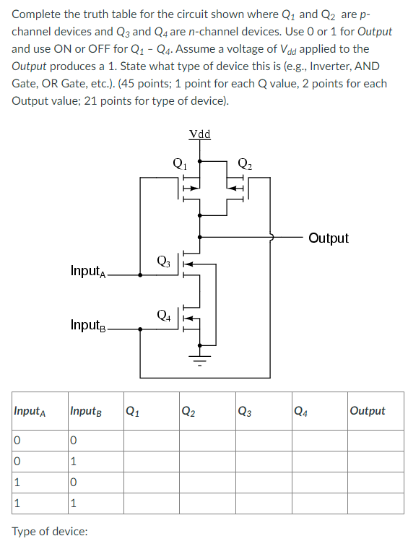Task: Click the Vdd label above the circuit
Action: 199,134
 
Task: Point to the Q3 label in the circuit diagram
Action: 164,261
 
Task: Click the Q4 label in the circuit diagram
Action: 164,315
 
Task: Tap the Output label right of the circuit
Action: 328,238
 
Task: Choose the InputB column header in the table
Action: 86,411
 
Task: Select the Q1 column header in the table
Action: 133,411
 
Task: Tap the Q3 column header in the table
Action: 245,411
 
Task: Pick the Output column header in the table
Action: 367,411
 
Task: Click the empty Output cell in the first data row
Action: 374,440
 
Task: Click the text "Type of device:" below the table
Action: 50,531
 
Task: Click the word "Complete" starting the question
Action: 36,14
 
